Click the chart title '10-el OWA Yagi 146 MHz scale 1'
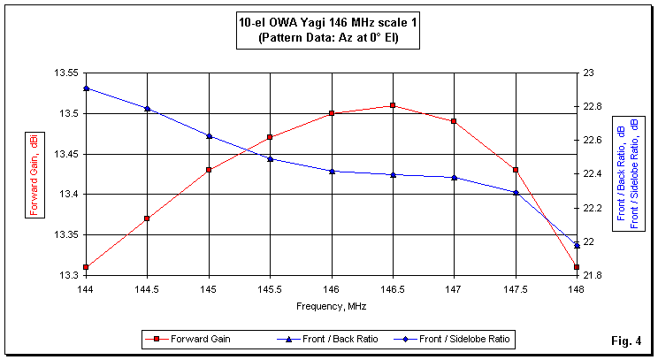tap(328, 24)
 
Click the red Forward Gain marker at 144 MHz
tap(86, 266)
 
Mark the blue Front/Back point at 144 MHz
tap(86, 88)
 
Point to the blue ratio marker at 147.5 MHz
tap(515, 192)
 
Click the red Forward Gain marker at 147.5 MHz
tap(515, 170)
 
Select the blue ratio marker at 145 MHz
tap(209, 136)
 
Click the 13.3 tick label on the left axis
tap(70, 275)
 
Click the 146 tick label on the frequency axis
tap(331, 288)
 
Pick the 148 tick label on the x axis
tap(576, 288)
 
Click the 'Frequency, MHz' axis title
tap(332, 306)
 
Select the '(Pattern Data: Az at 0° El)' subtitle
tap(328, 39)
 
